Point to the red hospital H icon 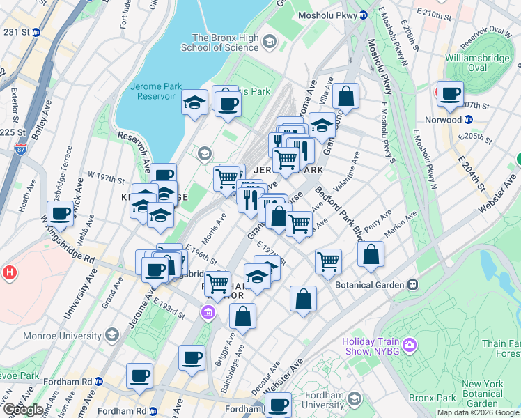(10, 272)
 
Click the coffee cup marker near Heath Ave (61, 213)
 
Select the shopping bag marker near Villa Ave (345, 97)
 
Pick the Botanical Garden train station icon (413, 285)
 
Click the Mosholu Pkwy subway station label (327, 15)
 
